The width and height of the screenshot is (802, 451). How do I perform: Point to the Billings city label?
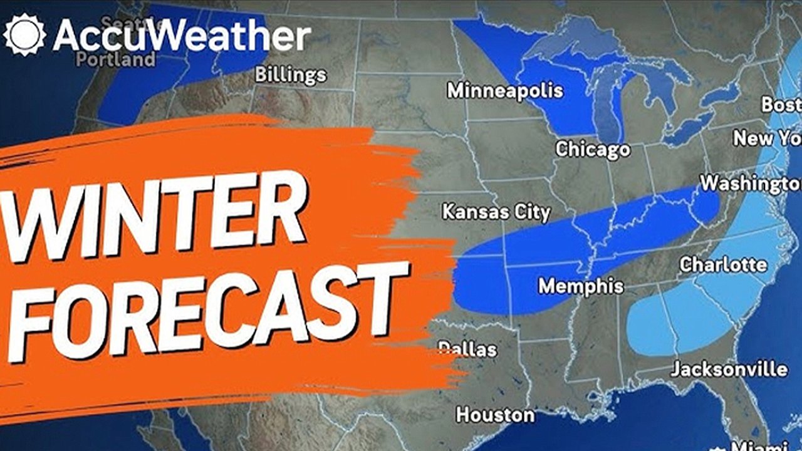pyautogui.click(x=291, y=75)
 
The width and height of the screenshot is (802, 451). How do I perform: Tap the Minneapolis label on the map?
pyautogui.click(x=505, y=90)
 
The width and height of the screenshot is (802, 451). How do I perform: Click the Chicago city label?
pyautogui.click(x=593, y=149)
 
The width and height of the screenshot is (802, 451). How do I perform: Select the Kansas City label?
pyautogui.click(x=496, y=212)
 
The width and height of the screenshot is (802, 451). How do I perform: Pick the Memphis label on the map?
pyautogui.click(x=581, y=286)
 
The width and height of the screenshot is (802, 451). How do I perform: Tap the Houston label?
pyautogui.click(x=495, y=414)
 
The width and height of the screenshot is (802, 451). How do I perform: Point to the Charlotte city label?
pyautogui.click(x=723, y=264)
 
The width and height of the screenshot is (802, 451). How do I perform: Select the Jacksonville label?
pyautogui.click(x=729, y=368)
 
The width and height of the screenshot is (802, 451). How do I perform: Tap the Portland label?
pyautogui.click(x=117, y=60)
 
